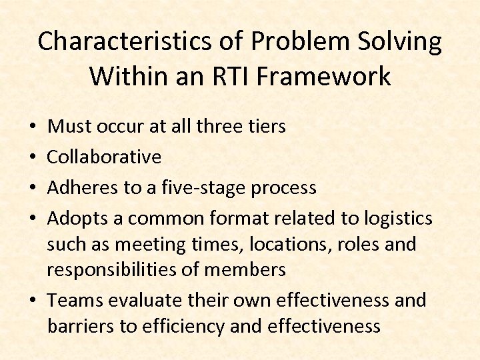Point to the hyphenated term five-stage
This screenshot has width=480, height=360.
(x=201, y=188)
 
